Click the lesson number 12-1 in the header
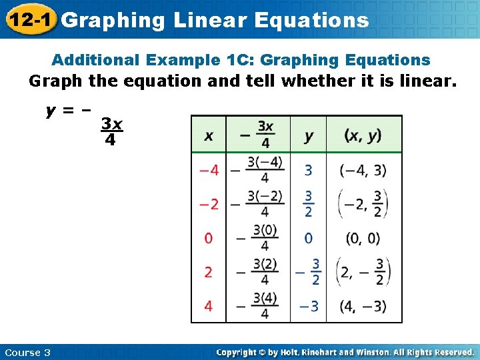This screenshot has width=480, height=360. click(29, 20)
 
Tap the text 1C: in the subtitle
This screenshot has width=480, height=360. click(239, 60)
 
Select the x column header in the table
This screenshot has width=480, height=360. click(209, 135)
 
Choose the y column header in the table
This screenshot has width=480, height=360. click(309, 135)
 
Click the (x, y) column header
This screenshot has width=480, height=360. click(363, 135)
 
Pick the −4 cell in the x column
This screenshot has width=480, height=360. click(209, 170)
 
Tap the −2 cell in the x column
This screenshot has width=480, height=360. click(209, 204)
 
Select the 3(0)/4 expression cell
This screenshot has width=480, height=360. click(264, 238)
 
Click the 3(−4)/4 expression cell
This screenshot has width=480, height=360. click(264, 170)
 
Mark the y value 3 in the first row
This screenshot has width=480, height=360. click(308, 170)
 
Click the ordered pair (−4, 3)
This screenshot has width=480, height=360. click(363, 170)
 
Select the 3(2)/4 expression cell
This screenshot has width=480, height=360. click(264, 272)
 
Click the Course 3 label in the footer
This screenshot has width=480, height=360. click(27, 352)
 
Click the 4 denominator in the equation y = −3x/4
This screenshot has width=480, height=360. click(110, 141)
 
